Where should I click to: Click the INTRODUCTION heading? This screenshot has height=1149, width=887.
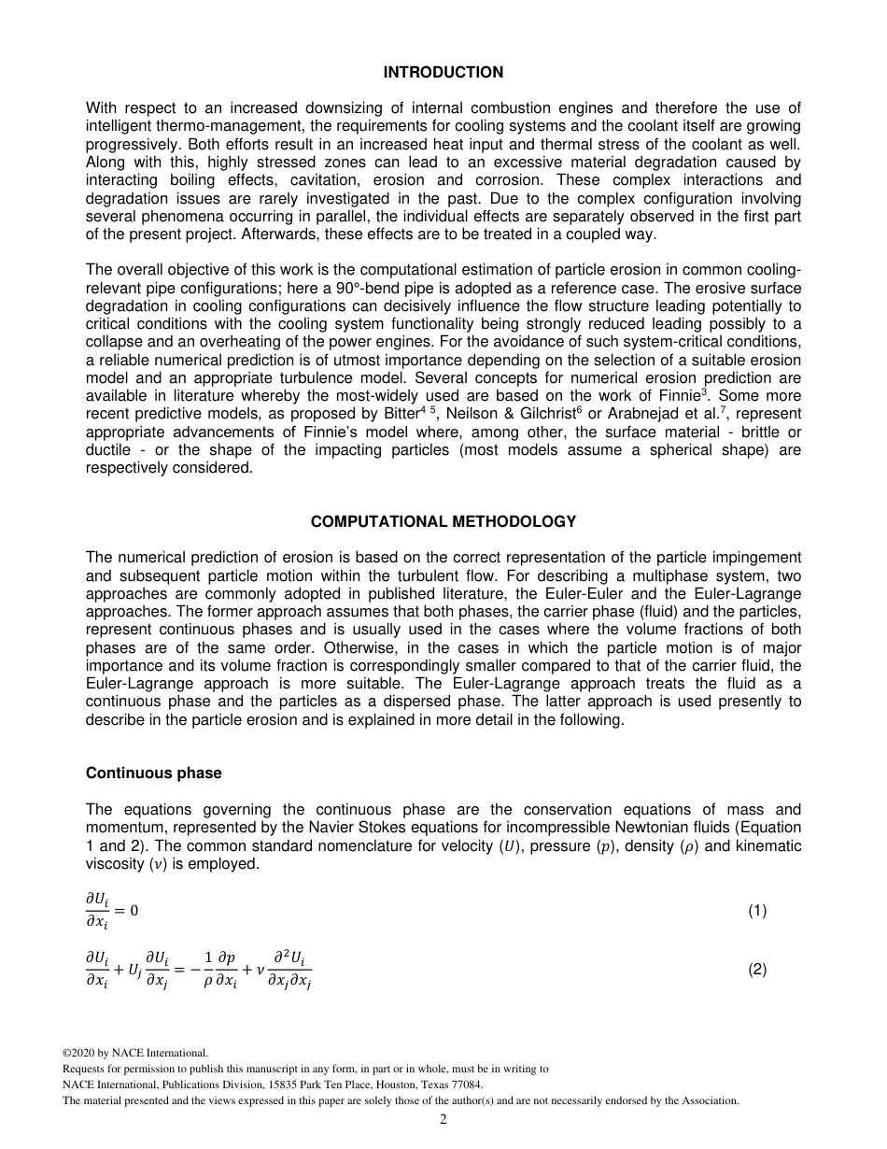[443, 72]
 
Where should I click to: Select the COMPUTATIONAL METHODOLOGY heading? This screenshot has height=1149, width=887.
[443, 521]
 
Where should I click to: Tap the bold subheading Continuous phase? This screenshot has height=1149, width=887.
[153, 773]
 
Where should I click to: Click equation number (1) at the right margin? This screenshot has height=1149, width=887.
[756, 911]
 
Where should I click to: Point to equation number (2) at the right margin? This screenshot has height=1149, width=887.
[756, 970]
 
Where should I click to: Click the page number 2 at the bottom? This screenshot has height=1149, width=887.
[443, 1120]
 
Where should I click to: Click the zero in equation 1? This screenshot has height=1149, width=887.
[134, 911]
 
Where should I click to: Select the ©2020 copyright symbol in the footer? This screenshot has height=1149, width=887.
[66, 1053]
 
